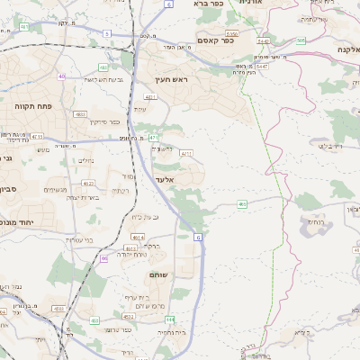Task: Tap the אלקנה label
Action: pos(347,49)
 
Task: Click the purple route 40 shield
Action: pos(62,77)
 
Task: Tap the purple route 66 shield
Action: pos(104,257)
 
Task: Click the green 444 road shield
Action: pos(170,319)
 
